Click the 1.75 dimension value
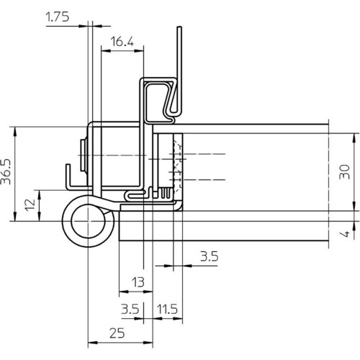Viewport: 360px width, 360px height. [x=58, y=17]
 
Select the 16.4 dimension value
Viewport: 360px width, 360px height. [x=122, y=42]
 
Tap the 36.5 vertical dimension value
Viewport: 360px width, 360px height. [x=6, y=171]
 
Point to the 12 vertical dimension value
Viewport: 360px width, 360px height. [x=30, y=204]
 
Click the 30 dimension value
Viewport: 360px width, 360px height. [x=345, y=171]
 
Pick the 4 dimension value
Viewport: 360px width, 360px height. [x=345, y=233]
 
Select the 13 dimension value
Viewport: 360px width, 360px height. [x=138, y=282]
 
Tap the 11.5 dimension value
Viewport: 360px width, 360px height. [x=167, y=309]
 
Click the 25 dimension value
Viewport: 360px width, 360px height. [x=117, y=333]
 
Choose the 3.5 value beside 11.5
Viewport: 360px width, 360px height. [x=130, y=309]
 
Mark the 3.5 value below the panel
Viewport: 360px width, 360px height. [x=210, y=256]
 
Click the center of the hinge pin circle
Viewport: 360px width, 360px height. [x=89, y=221]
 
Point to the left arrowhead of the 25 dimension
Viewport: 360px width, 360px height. [x=93, y=343]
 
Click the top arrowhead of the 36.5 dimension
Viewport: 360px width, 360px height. [x=15, y=131]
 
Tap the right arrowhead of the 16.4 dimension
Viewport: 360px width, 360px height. [x=139, y=51]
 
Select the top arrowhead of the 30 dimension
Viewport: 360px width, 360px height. [x=354, y=138]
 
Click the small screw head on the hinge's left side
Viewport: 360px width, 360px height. [x=83, y=155]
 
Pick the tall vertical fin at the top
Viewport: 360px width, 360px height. [x=179, y=70]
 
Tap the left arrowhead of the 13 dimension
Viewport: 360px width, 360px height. [x=124, y=292]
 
